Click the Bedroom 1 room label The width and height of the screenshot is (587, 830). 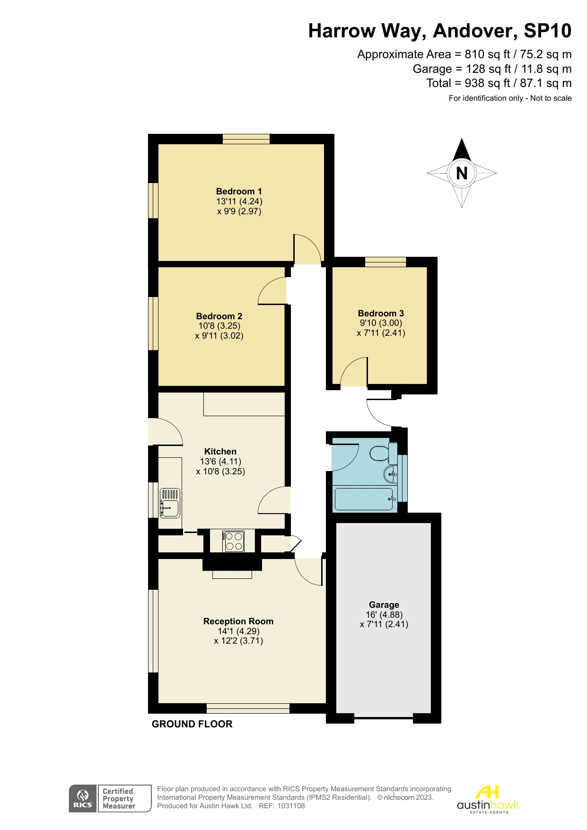pos(238,191)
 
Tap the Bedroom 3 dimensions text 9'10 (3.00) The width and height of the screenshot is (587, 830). pos(381,323)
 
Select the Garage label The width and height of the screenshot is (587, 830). pos(384,604)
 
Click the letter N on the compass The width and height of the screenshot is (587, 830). pos(462,173)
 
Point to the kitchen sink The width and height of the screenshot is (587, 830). pos(170,503)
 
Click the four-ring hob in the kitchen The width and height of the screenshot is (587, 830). pos(233,542)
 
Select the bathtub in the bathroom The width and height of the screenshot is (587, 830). pos(364,499)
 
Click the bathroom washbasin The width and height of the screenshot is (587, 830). pos(390,473)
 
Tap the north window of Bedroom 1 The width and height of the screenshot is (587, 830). pos(246,139)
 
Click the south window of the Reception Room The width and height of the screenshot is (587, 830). pos(248,708)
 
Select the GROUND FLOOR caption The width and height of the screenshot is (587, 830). pos(192,724)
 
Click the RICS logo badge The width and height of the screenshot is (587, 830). pos(83,798)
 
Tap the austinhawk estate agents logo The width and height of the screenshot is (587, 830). pos(488,799)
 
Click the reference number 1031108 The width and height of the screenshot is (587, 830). pos(291,806)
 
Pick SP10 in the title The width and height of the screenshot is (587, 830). pos(547,31)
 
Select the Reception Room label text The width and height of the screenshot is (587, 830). pos(238,621)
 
